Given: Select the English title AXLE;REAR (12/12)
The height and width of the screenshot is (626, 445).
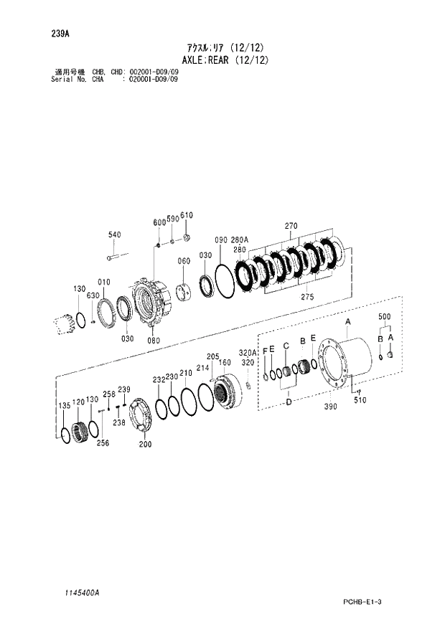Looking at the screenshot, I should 223,60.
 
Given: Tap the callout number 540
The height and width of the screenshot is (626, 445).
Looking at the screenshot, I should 115,234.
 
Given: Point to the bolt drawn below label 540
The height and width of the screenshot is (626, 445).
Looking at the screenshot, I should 117,255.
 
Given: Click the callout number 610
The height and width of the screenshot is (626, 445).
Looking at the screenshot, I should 187,216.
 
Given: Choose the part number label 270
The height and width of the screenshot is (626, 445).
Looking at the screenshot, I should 290,227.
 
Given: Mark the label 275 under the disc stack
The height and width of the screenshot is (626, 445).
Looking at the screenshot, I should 306,296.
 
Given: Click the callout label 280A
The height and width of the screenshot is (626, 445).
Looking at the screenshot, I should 238,240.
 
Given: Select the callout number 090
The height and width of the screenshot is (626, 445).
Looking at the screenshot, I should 220,240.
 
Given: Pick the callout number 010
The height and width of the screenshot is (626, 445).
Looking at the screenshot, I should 105,282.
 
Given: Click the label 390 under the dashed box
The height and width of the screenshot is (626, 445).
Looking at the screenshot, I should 330,407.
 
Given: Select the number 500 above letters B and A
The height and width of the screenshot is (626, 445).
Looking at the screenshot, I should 385,316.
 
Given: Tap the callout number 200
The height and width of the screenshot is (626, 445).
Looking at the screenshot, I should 146,444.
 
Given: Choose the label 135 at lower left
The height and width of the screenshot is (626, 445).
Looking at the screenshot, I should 64,406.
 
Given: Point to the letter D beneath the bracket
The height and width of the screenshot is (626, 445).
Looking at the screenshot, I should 289,402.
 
